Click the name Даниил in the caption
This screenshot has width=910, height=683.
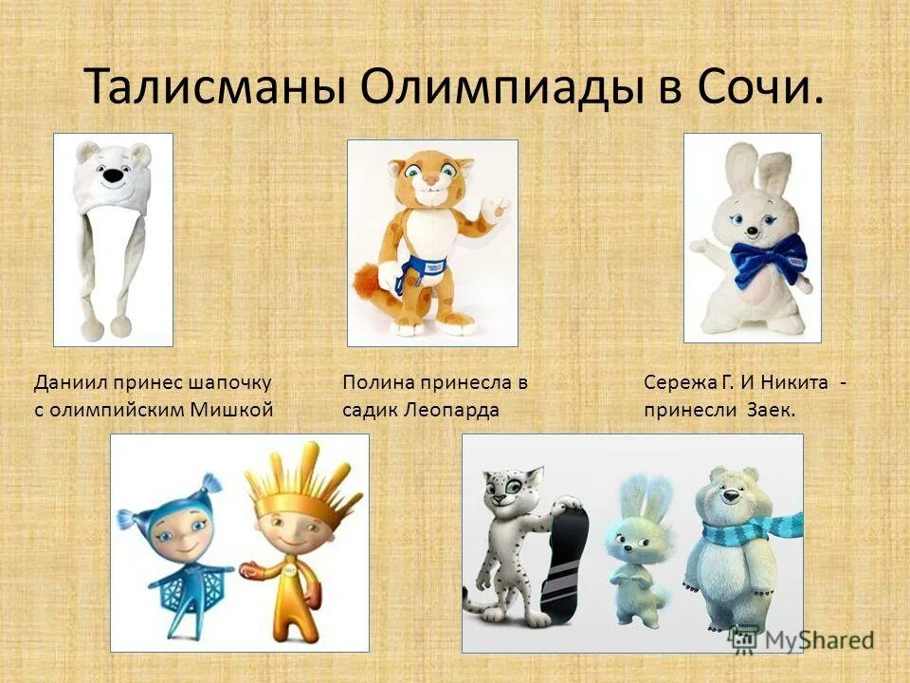[69, 382]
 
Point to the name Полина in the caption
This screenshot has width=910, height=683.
[374, 382]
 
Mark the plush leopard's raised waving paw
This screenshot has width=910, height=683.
[495, 206]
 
